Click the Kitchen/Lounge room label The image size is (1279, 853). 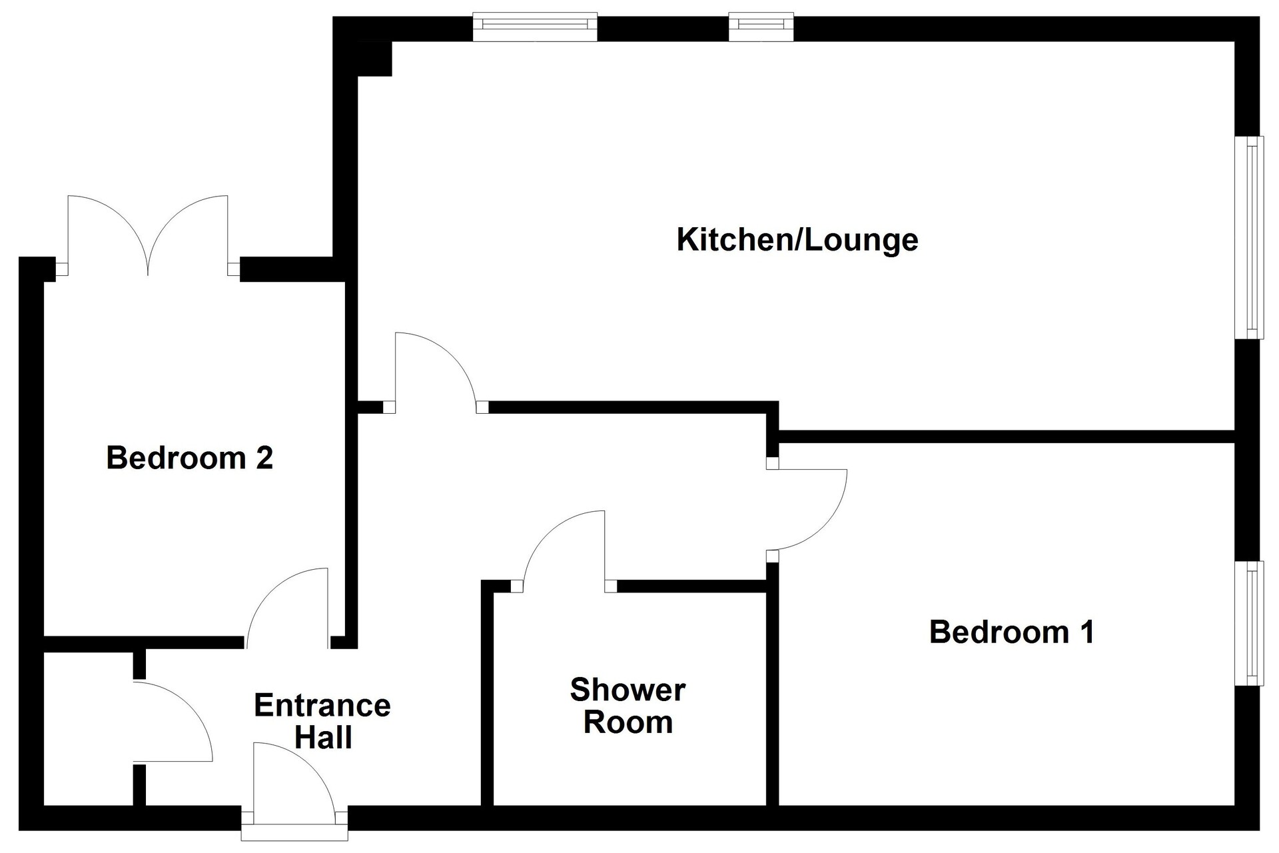click(x=797, y=240)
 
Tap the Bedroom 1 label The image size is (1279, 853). click(x=1012, y=632)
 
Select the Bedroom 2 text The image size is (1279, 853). click(x=190, y=458)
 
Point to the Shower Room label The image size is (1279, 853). click(x=628, y=706)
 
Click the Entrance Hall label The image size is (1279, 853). click(x=322, y=722)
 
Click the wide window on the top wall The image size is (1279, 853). click(x=535, y=27)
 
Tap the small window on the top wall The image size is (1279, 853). click(x=761, y=27)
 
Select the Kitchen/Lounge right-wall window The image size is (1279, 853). click(x=1249, y=237)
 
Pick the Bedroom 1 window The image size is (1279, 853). click(x=1249, y=623)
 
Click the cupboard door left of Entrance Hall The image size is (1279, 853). click(x=173, y=722)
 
